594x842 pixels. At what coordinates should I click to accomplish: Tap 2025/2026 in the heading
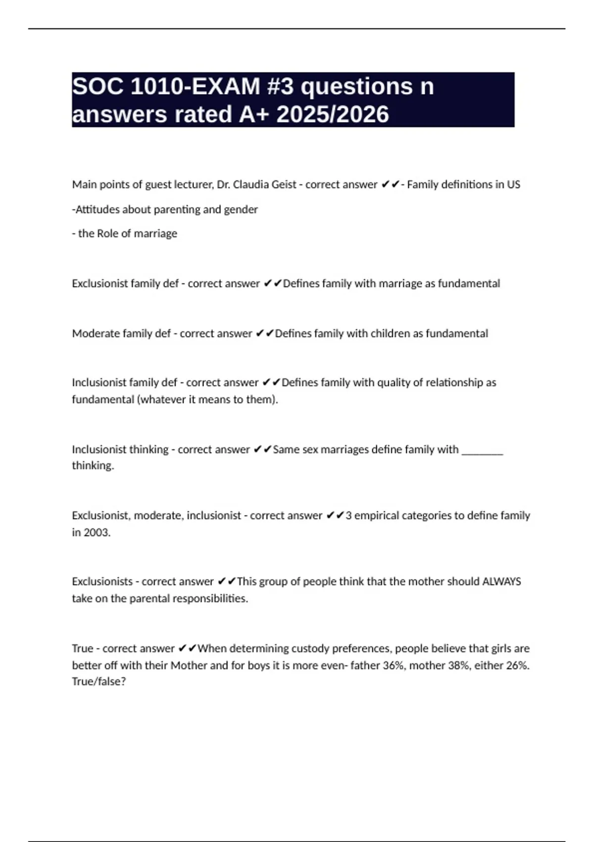(333, 114)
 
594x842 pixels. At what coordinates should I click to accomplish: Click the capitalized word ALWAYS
(501, 581)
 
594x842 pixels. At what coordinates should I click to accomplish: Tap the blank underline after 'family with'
(482, 450)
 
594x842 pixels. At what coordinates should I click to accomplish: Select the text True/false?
(99, 682)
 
